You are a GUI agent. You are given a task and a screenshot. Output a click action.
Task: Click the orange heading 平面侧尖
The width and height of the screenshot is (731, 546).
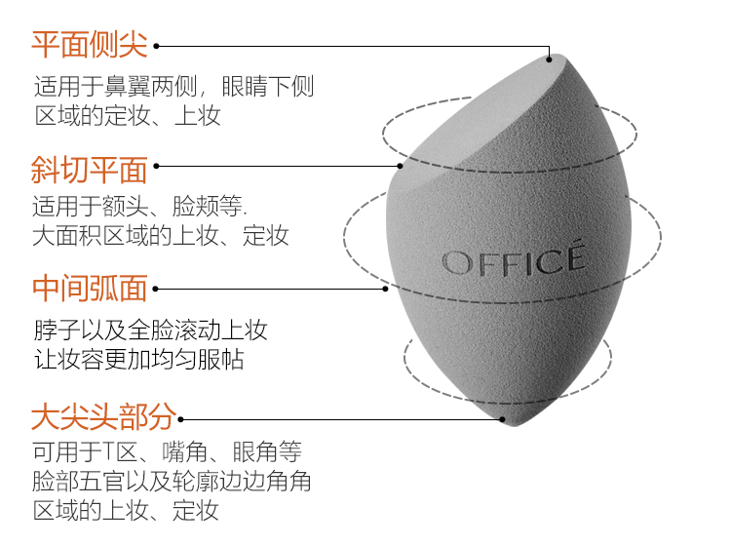pyautogui.click(x=89, y=45)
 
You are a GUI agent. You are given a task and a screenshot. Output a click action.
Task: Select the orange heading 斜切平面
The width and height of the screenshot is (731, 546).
pyautogui.click(x=89, y=169)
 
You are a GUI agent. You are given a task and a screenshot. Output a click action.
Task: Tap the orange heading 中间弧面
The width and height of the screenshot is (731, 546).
pyautogui.click(x=89, y=289)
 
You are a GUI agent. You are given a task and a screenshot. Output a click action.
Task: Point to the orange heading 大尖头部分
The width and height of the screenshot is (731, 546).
pyautogui.click(x=102, y=417)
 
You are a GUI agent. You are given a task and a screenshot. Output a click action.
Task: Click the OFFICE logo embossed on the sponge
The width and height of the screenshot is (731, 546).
pyautogui.click(x=514, y=259)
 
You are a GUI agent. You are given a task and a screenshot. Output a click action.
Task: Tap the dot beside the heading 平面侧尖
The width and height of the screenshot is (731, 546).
pyautogui.click(x=157, y=46)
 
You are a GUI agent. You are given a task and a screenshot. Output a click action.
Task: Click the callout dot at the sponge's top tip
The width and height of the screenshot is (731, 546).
pyautogui.click(x=550, y=58)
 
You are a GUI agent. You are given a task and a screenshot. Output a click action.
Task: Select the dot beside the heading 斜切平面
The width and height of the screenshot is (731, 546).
pyautogui.click(x=157, y=167)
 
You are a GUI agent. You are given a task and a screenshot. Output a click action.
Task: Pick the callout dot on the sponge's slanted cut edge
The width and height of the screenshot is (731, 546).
pyautogui.click(x=401, y=167)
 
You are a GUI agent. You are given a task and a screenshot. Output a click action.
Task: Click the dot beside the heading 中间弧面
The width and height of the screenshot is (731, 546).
pyautogui.click(x=157, y=289)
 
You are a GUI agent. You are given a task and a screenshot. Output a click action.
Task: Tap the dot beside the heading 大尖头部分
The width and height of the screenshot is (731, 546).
pyautogui.click(x=183, y=419)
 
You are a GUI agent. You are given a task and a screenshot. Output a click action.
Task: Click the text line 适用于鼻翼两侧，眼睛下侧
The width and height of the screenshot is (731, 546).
pyautogui.click(x=173, y=86)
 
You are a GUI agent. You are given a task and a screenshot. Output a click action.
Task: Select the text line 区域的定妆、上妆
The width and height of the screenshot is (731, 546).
pyautogui.click(x=128, y=117)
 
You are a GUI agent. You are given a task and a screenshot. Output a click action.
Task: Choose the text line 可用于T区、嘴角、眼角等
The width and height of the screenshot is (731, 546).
pyautogui.click(x=167, y=451)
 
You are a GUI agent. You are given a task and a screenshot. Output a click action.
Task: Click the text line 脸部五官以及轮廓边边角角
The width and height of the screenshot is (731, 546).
pyautogui.click(x=172, y=482)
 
